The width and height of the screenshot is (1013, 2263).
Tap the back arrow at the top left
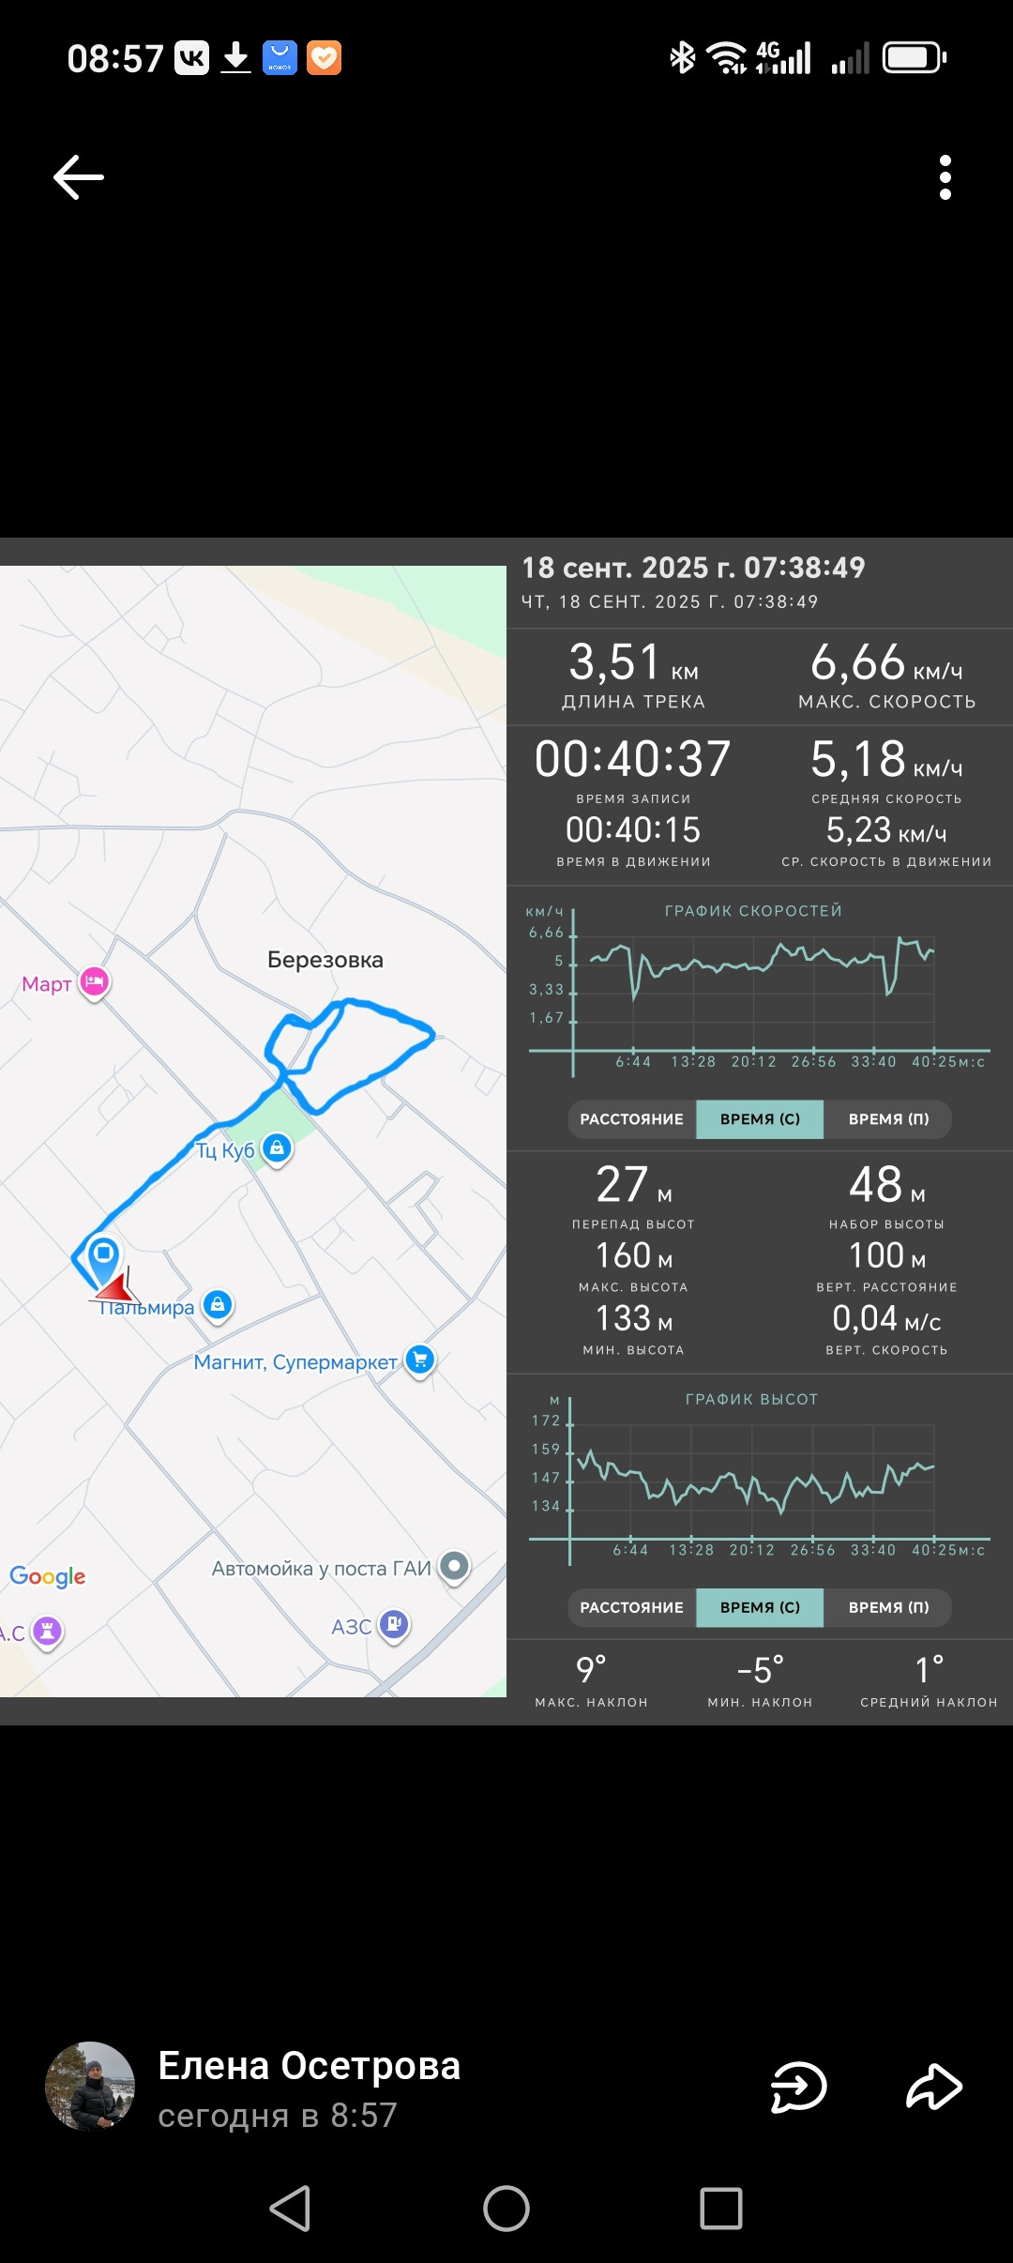[x=79, y=177]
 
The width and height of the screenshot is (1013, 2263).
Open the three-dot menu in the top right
[x=945, y=177]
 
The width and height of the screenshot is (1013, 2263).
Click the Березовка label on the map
[x=325, y=960]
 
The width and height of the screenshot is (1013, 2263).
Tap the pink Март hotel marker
[x=94, y=982]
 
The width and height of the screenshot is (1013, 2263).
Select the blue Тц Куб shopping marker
[x=277, y=1147]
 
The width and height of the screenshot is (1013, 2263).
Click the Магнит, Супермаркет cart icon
[x=420, y=1359]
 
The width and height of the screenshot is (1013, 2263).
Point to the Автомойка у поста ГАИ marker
[x=455, y=1566]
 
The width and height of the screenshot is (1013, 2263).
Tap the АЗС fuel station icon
[x=394, y=1624]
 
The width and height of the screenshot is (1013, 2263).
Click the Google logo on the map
[x=48, y=1576]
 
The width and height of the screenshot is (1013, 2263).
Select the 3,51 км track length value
[x=633, y=662]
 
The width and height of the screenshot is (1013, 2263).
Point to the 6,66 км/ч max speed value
[x=886, y=662]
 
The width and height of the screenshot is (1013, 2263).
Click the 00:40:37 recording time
[x=633, y=758]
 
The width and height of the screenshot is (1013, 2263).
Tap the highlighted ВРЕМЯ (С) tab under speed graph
[x=760, y=1119]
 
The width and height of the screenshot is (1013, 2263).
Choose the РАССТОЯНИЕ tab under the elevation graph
[x=632, y=1607]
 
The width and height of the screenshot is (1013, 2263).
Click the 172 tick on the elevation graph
[x=546, y=1420]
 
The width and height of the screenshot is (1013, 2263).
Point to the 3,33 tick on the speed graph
[x=547, y=989]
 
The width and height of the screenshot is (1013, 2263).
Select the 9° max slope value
[x=591, y=1670]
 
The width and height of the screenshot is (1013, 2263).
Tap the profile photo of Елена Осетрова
[x=90, y=2087]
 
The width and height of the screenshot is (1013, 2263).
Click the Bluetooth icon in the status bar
[x=682, y=57]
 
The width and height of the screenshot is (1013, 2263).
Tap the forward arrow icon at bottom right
[x=934, y=2087]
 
